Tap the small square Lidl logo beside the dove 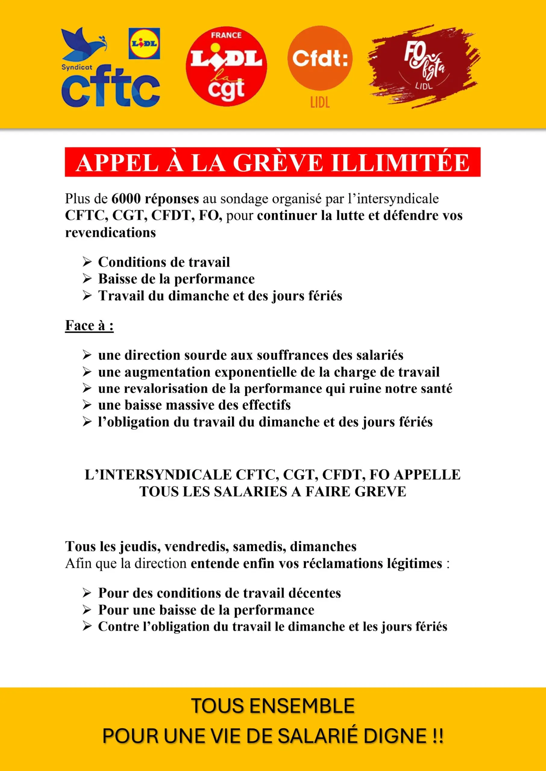pos(144,43)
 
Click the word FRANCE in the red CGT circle pos(226,35)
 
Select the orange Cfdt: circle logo pos(320,58)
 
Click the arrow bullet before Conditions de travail pos(87,262)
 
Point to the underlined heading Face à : pos(89,325)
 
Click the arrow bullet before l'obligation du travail pos(87,422)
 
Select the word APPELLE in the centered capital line pos(427,475)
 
